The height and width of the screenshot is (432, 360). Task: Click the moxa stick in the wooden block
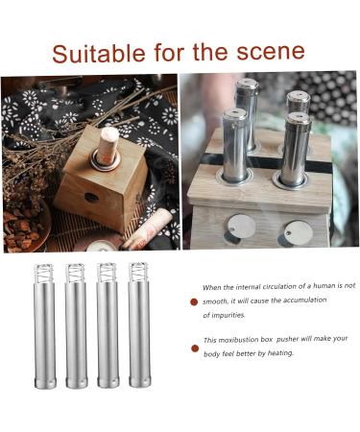coord(108,147)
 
